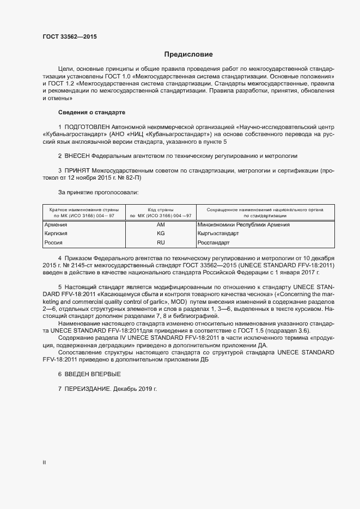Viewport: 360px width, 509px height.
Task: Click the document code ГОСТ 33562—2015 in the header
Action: pyautogui.click(x=70, y=37)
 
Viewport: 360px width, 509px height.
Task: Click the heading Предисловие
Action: pyautogui.click(x=188, y=54)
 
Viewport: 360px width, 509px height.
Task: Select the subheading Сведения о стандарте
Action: pyautogui.click(x=91, y=112)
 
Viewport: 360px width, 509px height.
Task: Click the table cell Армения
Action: pyautogui.click(x=56, y=224)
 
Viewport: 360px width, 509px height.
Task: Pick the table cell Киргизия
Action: pyautogui.click(x=57, y=234)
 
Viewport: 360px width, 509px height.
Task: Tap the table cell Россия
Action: pyautogui.click(x=54, y=242)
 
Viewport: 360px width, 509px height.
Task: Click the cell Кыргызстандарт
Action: pyautogui.click(x=218, y=234)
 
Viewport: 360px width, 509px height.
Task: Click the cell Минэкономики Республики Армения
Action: pyautogui.click(x=243, y=224)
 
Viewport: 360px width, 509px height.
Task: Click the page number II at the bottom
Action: pyautogui.click(x=44, y=462)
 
